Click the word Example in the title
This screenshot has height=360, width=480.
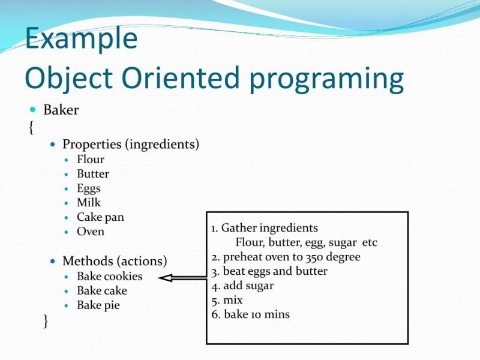coord(82,39)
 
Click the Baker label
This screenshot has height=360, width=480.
coord(61,110)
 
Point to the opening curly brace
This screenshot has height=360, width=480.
coord(31,128)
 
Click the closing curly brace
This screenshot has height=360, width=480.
coord(46,321)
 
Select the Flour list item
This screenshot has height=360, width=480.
coord(91,160)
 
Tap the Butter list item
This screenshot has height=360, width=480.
coord(93,174)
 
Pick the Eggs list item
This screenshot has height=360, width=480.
coord(89,188)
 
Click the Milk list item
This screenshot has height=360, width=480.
coord(89,203)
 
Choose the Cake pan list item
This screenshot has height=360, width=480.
coord(100,217)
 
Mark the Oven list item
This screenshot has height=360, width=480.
coord(91,232)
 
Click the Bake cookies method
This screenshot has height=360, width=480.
coord(110,277)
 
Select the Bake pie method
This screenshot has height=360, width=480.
coord(98,305)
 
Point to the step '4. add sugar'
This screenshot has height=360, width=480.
coord(242,286)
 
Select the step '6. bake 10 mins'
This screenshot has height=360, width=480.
coord(250,314)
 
